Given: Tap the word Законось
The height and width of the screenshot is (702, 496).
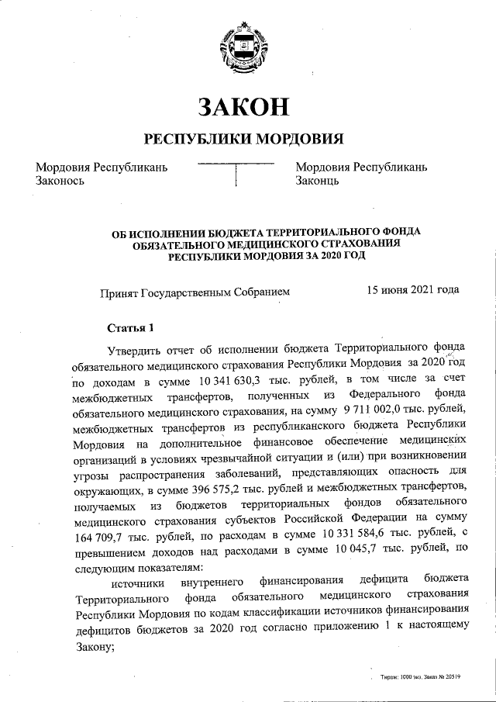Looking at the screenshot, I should pyautogui.click(x=60, y=181).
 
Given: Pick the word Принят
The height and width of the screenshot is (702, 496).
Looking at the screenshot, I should pyautogui.click(x=118, y=292).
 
